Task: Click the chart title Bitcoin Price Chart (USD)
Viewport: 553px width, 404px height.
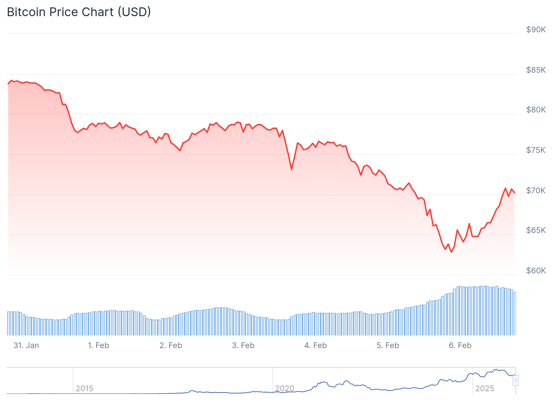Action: point(79,12)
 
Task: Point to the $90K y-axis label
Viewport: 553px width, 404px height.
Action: point(536,30)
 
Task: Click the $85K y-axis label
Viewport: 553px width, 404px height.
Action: point(536,70)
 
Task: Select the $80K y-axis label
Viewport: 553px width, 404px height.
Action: point(536,110)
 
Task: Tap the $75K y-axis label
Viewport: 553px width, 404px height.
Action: point(536,150)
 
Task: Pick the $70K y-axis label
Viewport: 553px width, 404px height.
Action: point(536,191)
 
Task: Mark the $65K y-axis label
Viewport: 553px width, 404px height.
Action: point(536,230)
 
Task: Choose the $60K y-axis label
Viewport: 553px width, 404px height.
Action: point(536,271)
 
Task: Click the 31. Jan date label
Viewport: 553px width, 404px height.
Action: point(26,345)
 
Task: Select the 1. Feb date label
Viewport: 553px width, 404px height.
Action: point(99,345)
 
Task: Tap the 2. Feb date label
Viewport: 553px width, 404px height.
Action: point(171,345)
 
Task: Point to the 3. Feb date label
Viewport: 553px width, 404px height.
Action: point(243,345)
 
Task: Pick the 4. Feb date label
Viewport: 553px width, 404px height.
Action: point(316,345)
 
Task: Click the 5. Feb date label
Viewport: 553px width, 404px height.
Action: point(388,345)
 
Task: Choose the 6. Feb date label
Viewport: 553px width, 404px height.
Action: point(460,345)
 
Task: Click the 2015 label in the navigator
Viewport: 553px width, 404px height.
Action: point(84,389)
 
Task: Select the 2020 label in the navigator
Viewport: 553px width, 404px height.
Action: point(285,389)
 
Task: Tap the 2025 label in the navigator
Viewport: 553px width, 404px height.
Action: point(485,389)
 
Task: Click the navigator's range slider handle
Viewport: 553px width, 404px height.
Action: point(516,380)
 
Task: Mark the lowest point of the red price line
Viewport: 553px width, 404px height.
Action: point(451,252)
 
